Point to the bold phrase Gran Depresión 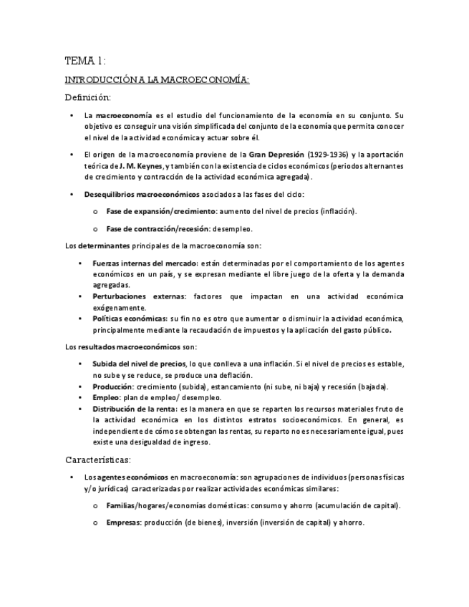pyautogui.click(x=277, y=155)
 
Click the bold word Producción pyautogui.click(x=112, y=387)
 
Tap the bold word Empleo pyautogui.click(x=106, y=397)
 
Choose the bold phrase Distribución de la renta pyautogui.click(x=135, y=409)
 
